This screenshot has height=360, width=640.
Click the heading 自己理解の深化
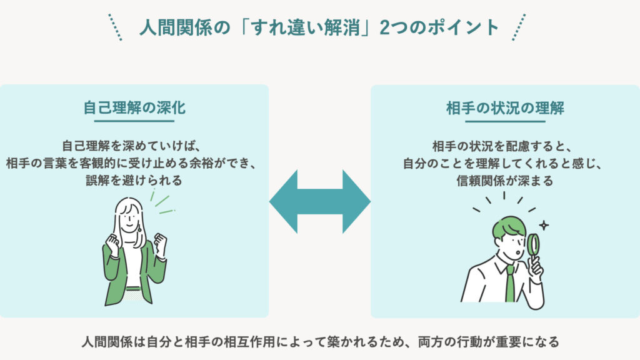[x=134, y=107]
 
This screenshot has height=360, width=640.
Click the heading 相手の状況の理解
[x=505, y=107]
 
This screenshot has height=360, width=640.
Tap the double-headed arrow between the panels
[x=320, y=202]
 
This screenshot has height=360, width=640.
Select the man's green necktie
[x=510, y=284]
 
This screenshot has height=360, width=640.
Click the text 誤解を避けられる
[x=134, y=181]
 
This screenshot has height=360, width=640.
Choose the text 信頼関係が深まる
[x=505, y=181]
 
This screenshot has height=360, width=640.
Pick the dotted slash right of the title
[x=519, y=27]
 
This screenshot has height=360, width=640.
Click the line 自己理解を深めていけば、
[x=134, y=146]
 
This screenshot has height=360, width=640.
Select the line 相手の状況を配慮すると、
[x=505, y=146]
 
